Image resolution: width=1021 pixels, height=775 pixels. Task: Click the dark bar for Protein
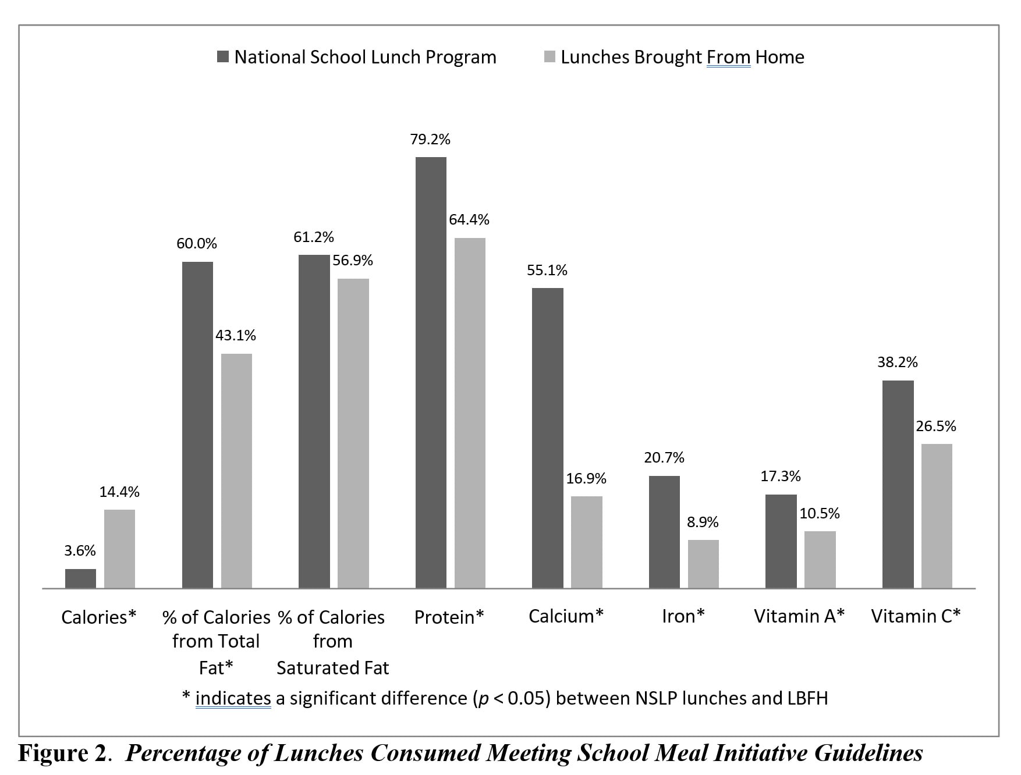pyautogui.click(x=431, y=372)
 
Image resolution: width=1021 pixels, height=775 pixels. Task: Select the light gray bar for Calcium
pyautogui.click(x=586, y=542)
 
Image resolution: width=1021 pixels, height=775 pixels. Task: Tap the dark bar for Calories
pyautogui.click(x=80, y=578)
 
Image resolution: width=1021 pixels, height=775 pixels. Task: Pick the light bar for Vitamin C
pyautogui.click(x=936, y=516)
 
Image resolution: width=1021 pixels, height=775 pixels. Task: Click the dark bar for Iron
pyautogui.click(x=664, y=532)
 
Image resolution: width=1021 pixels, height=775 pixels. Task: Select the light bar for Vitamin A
pyautogui.click(x=820, y=559)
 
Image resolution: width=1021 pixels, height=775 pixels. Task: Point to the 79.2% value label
pyautogui.click(x=430, y=140)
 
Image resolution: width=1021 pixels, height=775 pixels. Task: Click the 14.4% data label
pyautogui.click(x=119, y=492)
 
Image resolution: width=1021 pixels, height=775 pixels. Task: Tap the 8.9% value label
pyautogui.click(x=703, y=522)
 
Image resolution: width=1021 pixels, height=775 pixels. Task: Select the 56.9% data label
pyautogui.click(x=353, y=261)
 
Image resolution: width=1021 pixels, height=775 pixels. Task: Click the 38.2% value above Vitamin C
pyautogui.click(x=897, y=362)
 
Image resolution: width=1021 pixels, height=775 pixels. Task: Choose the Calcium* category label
pyautogui.click(x=566, y=616)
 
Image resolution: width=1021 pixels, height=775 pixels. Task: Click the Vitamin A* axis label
pyautogui.click(x=799, y=616)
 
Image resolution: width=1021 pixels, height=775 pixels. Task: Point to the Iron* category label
pyautogui.click(x=683, y=616)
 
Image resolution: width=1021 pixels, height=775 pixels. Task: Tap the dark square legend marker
pyautogui.click(x=222, y=57)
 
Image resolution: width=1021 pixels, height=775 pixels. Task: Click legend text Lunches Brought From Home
pyautogui.click(x=682, y=57)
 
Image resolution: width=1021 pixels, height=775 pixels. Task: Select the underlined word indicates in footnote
pyautogui.click(x=233, y=698)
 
